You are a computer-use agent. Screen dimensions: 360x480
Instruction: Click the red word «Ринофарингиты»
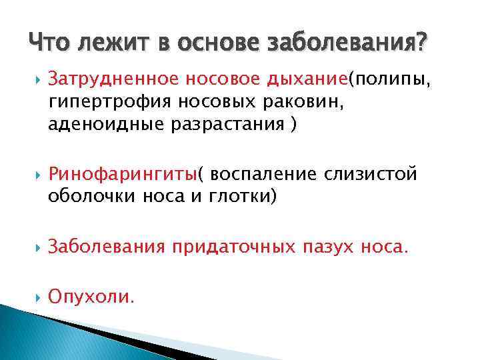coord(123,174)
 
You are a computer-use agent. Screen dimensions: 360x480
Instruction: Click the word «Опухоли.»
coord(91,297)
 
